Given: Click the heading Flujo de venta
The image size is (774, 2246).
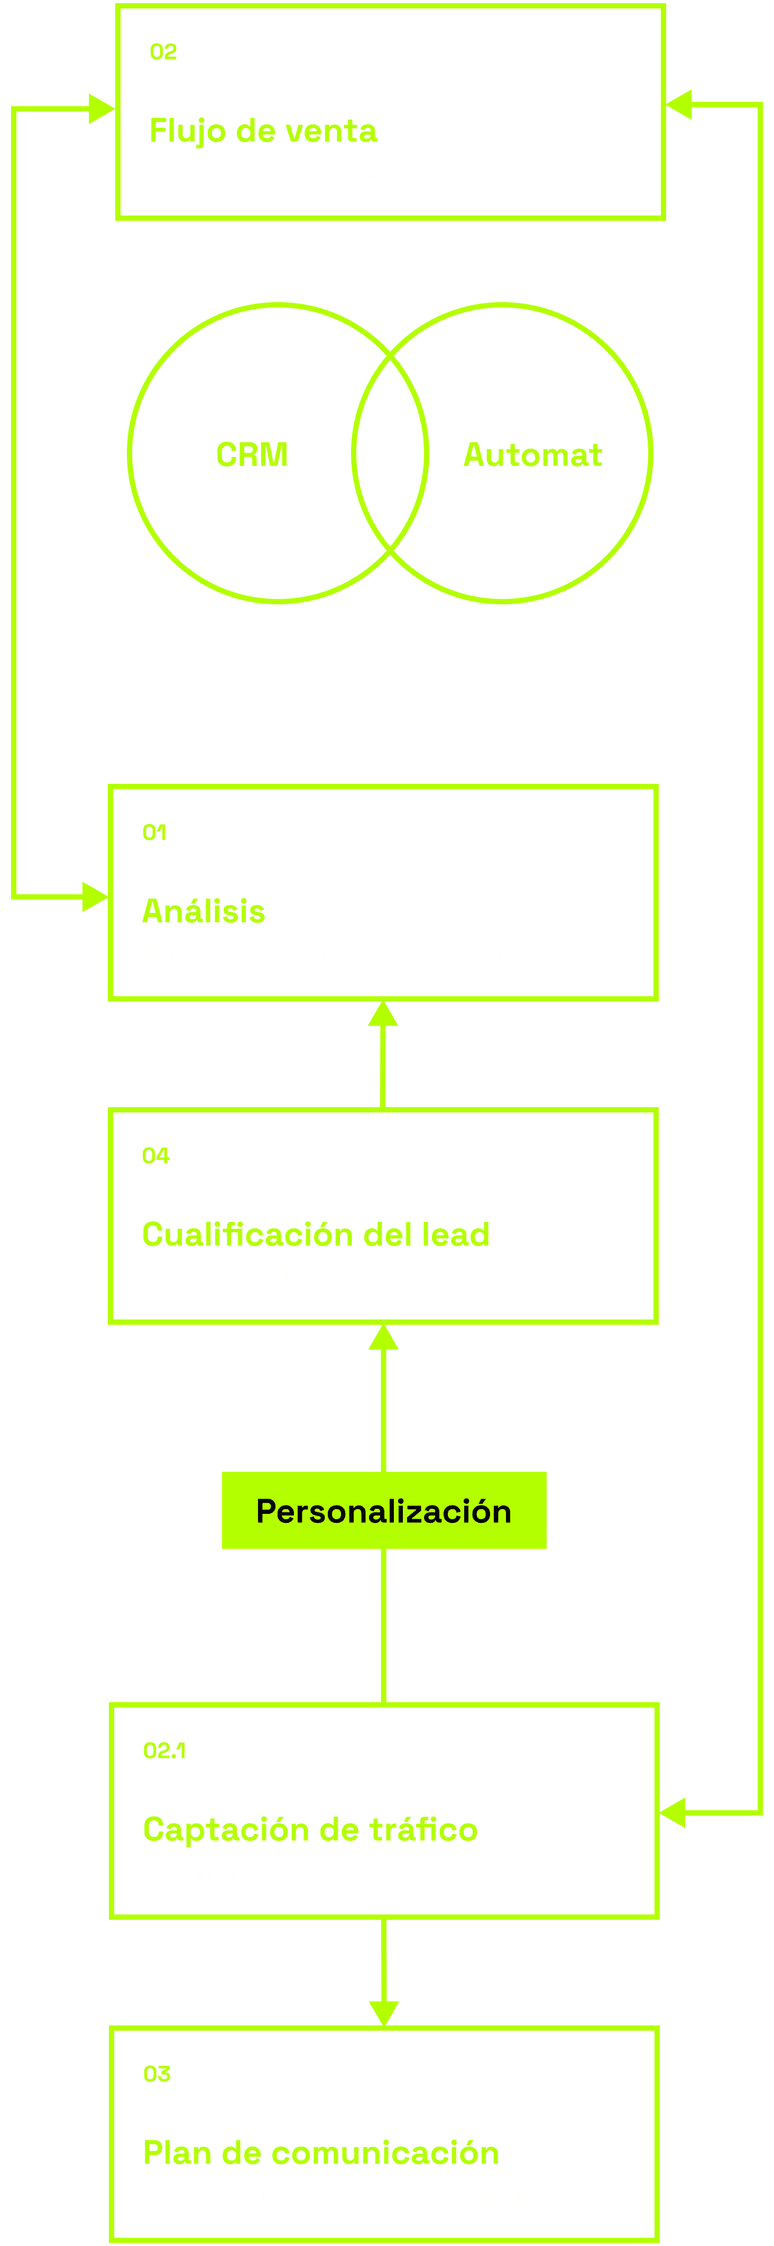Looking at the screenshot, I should point(263,131).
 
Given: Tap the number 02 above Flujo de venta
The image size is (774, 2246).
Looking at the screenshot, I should point(163,52).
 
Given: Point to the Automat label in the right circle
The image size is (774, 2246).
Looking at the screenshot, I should point(532,454).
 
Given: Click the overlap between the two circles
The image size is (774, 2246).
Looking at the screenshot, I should point(390,453).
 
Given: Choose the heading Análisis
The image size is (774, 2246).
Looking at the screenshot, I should point(204,911).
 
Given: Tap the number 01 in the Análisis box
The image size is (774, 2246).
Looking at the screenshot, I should point(154,832).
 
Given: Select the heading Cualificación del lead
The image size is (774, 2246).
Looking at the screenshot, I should point(315,1234).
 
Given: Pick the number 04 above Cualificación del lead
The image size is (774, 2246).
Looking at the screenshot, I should point(155,1156).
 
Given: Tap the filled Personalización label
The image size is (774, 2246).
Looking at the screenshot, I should point(384,1511).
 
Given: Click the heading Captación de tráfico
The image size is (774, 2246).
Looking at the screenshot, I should point(310,1829).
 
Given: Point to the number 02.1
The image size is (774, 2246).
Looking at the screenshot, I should point(164,1750).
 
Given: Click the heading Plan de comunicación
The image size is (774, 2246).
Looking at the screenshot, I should point(320,2153).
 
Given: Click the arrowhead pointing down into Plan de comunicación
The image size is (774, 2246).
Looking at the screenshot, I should point(384,2013).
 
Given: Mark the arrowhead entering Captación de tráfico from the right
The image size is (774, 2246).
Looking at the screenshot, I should point(672,1813).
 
